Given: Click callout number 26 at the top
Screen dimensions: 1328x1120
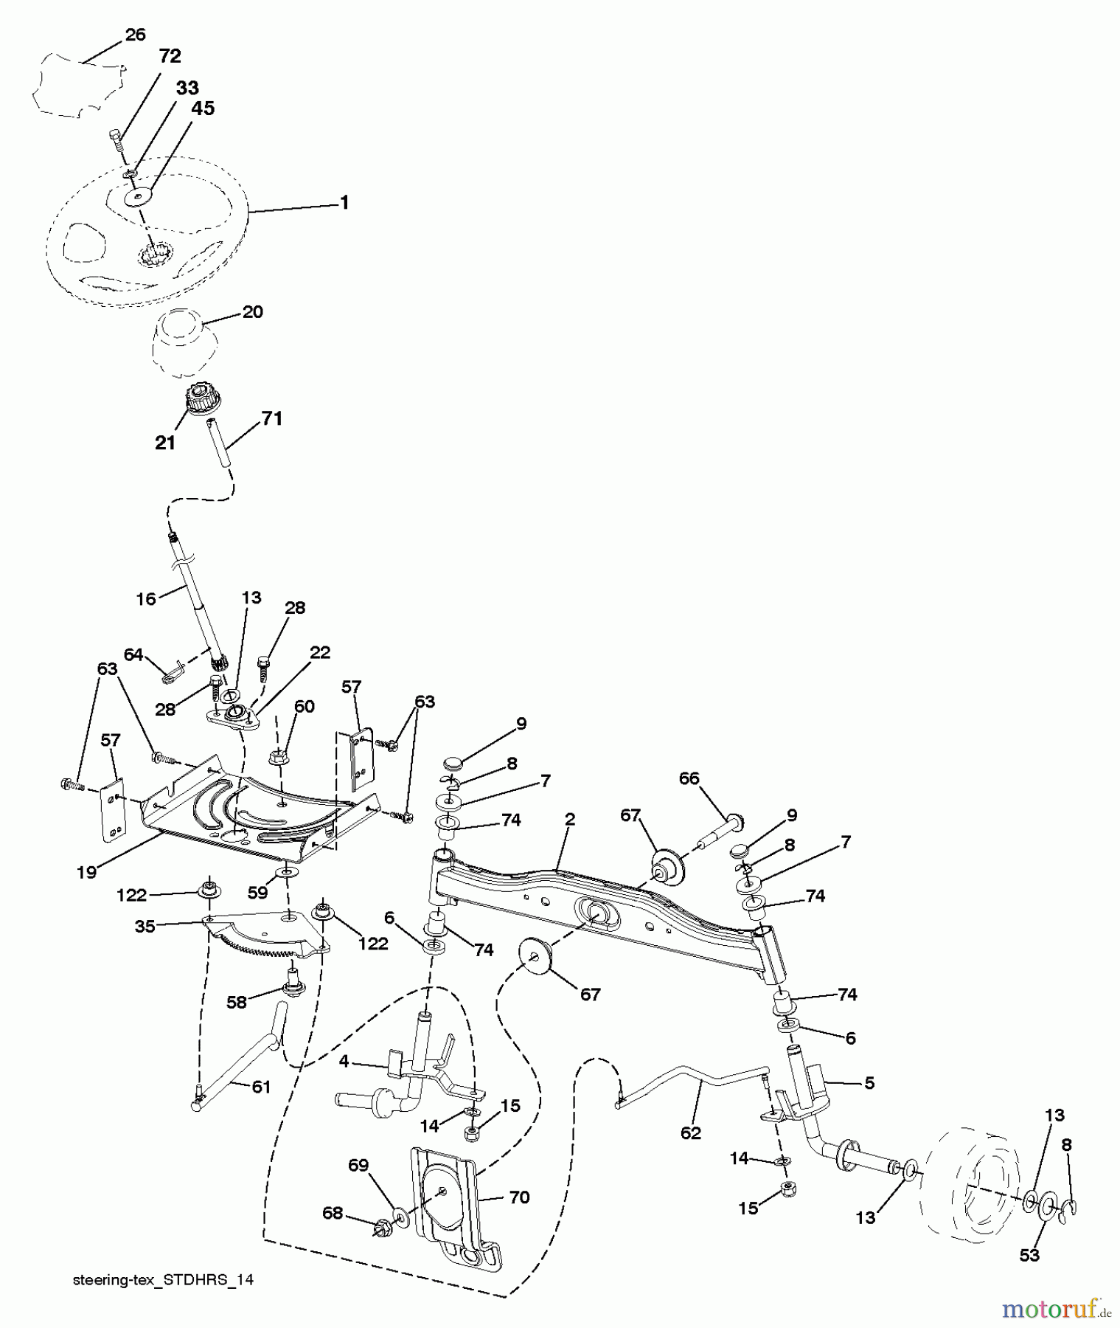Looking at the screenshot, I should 135,35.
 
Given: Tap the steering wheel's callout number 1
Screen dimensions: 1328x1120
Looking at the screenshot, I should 344,202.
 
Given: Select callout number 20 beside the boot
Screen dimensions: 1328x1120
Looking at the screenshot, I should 252,311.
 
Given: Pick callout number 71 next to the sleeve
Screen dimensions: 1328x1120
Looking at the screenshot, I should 271,418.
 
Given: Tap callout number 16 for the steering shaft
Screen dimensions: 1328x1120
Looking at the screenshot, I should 146,598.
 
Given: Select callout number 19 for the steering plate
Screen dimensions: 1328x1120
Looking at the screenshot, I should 86,872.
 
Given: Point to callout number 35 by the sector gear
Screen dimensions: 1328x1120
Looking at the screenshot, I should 145,926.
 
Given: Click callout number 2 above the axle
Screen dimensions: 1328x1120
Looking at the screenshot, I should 570,819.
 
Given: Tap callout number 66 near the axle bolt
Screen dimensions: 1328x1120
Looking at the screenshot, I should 689,779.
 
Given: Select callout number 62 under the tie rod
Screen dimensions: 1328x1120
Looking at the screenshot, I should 690,1132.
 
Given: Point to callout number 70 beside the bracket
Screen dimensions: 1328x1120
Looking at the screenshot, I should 519,1197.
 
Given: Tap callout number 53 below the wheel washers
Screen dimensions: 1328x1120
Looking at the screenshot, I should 1029,1255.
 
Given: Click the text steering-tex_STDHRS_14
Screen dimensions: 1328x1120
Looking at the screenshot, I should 163,1280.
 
